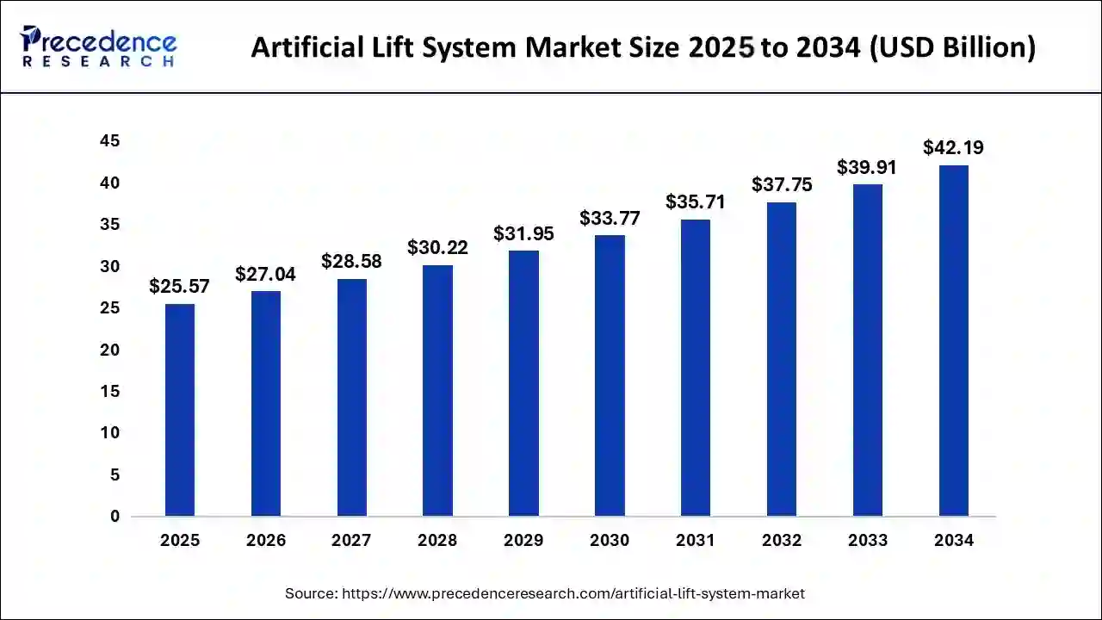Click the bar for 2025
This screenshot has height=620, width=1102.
pyautogui.click(x=179, y=410)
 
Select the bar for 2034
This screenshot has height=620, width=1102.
pyautogui.click(x=953, y=341)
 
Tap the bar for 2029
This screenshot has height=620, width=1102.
pyautogui.click(x=523, y=383)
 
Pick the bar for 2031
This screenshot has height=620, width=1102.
pyautogui.click(x=696, y=368)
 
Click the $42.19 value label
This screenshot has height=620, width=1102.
pyautogui.click(x=953, y=147)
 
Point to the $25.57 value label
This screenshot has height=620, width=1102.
pyautogui.click(x=179, y=286)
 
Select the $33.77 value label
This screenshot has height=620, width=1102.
pyautogui.click(x=610, y=218)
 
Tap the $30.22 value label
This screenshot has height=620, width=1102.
pyautogui.click(x=437, y=247)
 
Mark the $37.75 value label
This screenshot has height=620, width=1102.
pyautogui.click(x=782, y=184)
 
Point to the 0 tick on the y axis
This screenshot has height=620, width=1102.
pyautogui.click(x=115, y=517)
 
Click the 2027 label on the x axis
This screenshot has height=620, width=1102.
pyautogui.click(x=351, y=541)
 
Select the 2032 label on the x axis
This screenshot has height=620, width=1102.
pyautogui.click(x=782, y=541)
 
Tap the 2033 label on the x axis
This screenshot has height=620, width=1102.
pyautogui.click(x=868, y=541)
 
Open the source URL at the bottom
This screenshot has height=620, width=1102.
pyautogui.click(x=573, y=593)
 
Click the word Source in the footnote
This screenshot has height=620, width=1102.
pyautogui.click(x=311, y=593)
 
